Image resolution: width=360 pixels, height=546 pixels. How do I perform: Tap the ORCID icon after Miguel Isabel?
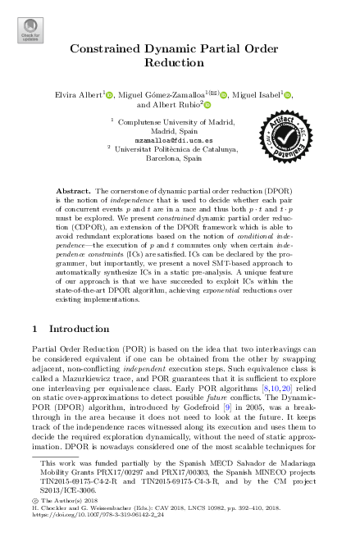288,95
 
